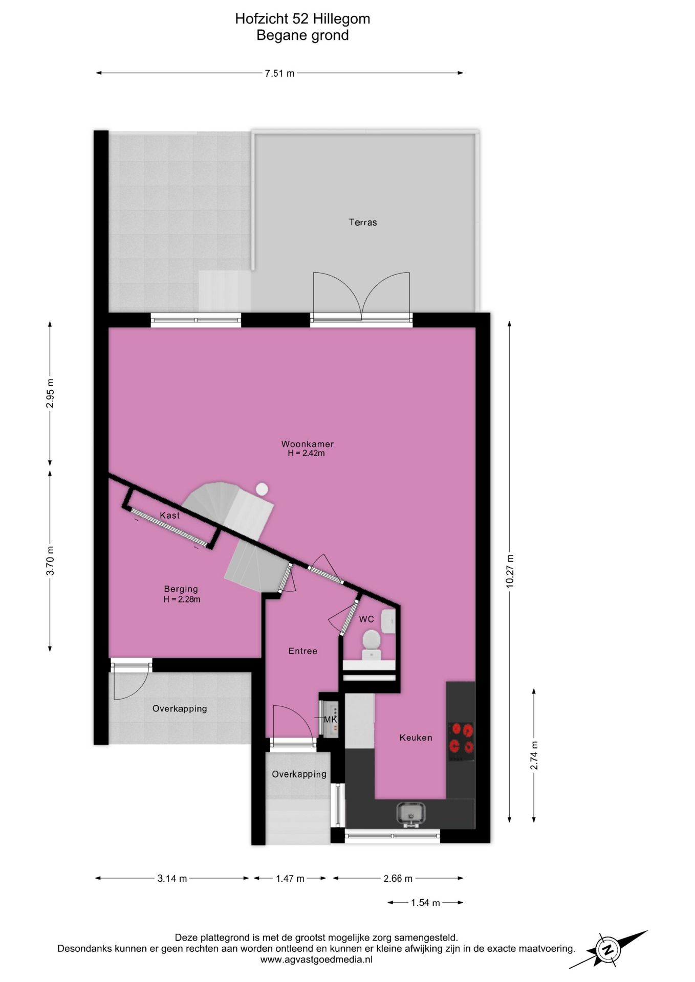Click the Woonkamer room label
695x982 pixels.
click(x=307, y=444)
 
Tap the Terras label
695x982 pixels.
click(x=363, y=222)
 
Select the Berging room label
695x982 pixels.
click(x=181, y=589)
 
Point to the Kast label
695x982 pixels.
click(x=169, y=515)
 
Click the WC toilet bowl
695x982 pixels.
click(x=371, y=640)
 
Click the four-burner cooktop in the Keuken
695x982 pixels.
click(x=461, y=738)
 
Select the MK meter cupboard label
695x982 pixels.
click(x=331, y=720)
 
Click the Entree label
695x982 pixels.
click(x=302, y=651)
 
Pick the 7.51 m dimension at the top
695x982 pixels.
click(x=279, y=73)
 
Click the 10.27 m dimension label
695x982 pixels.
click(x=510, y=571)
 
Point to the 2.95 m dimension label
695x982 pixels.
click(x=50, y=393)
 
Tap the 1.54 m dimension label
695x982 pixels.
click(x=425, y=903)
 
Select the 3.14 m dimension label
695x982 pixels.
click(x=172, y=878)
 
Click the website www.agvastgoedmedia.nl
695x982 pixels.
click(x=316, y=959)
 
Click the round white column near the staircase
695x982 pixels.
click(x=262, y=489)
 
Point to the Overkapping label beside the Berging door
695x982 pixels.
click(x=180, y=708)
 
